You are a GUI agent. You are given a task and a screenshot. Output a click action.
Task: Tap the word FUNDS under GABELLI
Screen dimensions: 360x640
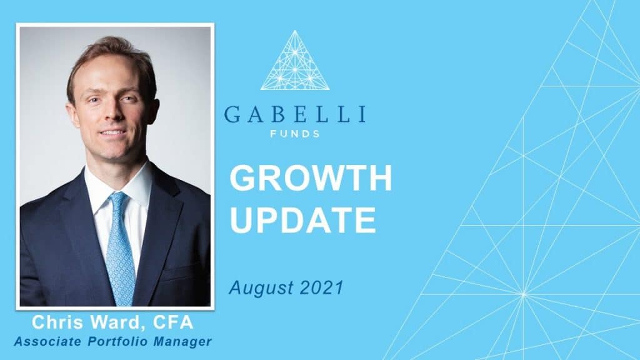pyautogui.click(x=295, y=134)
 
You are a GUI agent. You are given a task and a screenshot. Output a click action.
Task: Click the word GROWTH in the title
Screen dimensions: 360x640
pyautogui.click(x=311, y=179)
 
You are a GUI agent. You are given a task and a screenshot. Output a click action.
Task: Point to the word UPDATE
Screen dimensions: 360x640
pyautogui.click(x=302, y=219)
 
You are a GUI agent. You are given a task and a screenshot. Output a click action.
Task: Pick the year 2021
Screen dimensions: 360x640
pyautogui.click(x=321, y=287)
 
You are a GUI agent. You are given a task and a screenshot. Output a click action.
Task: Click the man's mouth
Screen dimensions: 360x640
pyautogui.click(x=111, y=134)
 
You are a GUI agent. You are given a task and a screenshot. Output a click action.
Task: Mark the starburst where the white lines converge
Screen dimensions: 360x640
pyautogui.click(x=524, y=294)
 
